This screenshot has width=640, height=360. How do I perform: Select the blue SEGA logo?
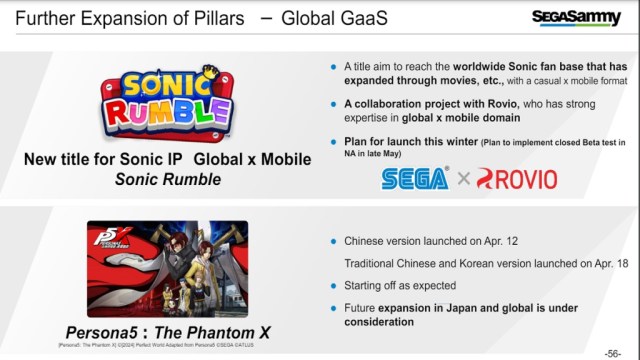pos(414,177)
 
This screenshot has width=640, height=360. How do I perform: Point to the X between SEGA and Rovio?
pos(462,178)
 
